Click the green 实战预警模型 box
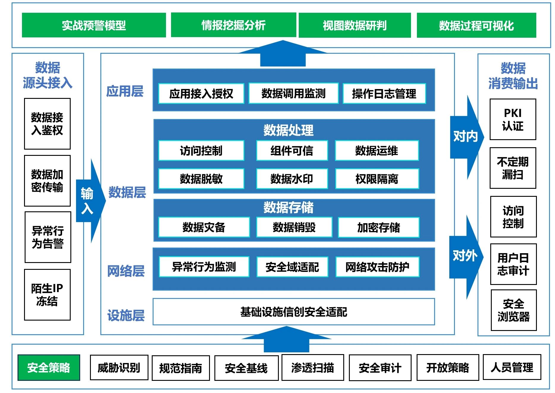coord(94,25)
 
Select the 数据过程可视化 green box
coord(476,25)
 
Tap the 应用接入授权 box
coord(201,94)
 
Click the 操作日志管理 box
coord(384,94)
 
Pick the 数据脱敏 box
coord(201,179)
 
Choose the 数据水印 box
coord(292,179)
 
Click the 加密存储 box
coord(379,227)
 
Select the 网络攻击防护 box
coord(377,267)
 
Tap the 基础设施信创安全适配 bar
coord(294,312)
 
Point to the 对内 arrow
coord(467,137)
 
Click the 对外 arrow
coord(466,257)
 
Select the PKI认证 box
coord(513,119)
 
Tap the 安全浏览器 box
coord(514,310)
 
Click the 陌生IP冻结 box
coord(48,295)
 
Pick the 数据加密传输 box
coord(48,181)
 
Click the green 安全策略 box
coord(49,367)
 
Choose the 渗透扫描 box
coord(313,367)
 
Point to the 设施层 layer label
coord(126,315)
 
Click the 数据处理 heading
coord(288,130)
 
